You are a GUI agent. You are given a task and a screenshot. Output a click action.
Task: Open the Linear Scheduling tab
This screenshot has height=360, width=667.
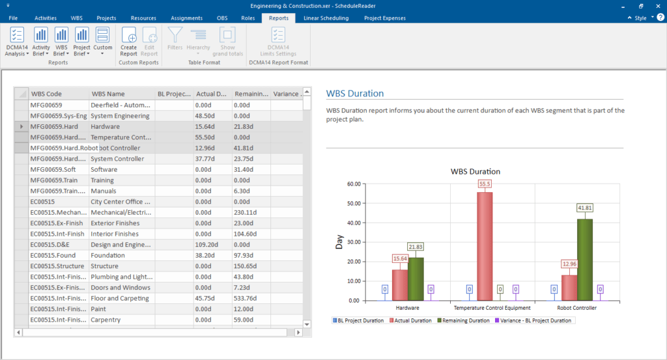tap(326, 18)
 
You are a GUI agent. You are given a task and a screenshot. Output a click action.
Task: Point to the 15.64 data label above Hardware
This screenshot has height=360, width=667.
tap(400, 258)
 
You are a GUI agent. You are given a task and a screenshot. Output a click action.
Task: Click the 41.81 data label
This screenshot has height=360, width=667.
tap(585, 208)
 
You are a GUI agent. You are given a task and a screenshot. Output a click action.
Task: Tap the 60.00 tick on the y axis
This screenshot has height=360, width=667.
tap(353, 184)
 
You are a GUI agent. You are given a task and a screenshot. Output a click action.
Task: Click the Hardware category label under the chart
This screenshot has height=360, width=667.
tap(407, 307)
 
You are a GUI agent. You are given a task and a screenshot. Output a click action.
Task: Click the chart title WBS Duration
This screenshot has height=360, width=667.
tap(475, 171)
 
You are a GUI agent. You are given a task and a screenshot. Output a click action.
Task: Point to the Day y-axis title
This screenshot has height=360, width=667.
tap(339, 242)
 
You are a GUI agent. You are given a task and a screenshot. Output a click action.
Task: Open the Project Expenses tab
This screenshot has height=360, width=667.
tap(384, 18)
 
